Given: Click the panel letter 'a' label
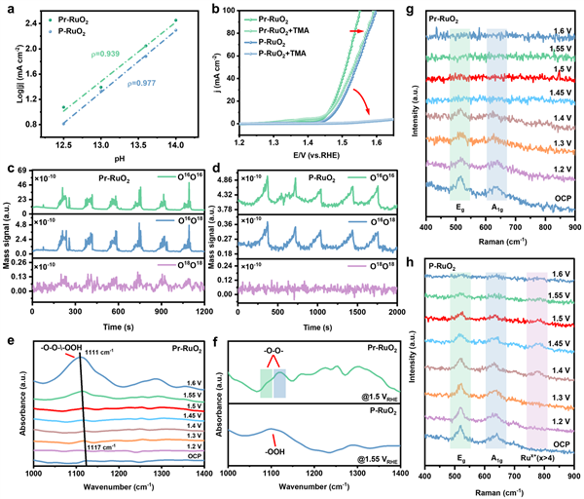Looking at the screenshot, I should pos(8,9).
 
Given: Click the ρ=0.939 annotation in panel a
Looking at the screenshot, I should pos(105,56).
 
